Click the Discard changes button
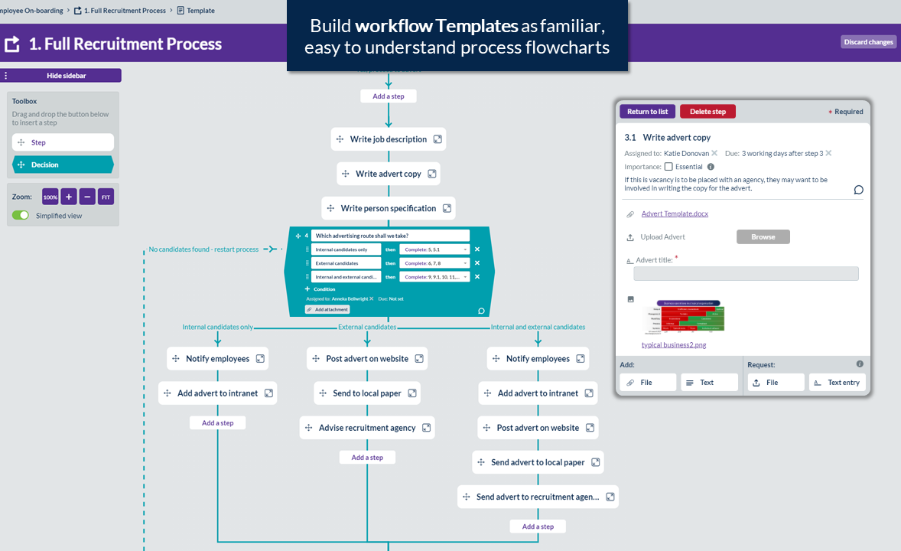pyautogui.click(x=869, y=42)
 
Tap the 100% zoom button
pyautogui.click(x=50, y=197)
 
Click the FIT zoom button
pyautogui.click(x=106, y=197)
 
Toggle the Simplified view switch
pyautogui.click(x=21, y=216)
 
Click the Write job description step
pyautogui.click(x=388, y=139)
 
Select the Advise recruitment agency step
pyautogui.click(x=366, y=428)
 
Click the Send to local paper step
pyautogui.click(x=366, y=393)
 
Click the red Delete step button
pyautogui.click(x=707, y=112)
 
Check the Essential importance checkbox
pyautogui.click(x=668, y=167)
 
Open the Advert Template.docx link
pyautogui.click(x=675, y=214)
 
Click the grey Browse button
pyautogui.click(x=763, y=237)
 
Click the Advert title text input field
pyautogui.click(x=746, y=274)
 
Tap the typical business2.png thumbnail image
pyautogui.click(x=684, y=316)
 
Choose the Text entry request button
pyautogui.click(x=837, y=383)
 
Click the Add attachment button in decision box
pyautogui.click(x=327, y=309)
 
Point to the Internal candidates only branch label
pyautogui.click(x=217, y=327)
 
